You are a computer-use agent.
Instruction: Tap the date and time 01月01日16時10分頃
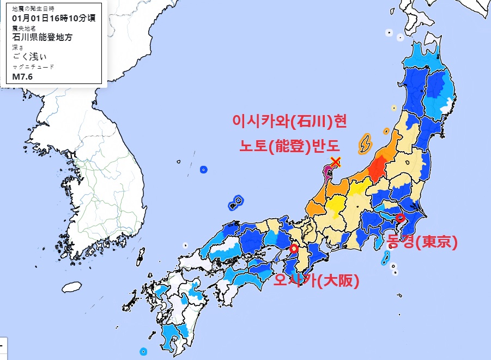coord(54,18)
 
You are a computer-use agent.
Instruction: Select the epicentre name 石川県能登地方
coord(42,38)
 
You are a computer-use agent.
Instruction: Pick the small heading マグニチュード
coord(33,67)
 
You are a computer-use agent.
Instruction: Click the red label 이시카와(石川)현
coord(289,121)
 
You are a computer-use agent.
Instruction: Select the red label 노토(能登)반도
coord(289,145)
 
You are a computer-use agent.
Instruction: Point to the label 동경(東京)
coord(421,241)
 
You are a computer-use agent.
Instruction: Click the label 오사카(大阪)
coord(317,281)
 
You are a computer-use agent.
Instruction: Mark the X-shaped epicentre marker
coord(336,161)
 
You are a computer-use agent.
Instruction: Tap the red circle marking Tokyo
coord(401,218)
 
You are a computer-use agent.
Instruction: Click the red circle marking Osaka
coord(294,249)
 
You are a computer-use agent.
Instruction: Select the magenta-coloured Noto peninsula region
coord(328,173)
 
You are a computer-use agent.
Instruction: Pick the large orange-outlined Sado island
coord(365,143)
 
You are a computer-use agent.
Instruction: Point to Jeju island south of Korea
coord(72,287)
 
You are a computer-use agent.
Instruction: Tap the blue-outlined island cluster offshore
coord(236,202)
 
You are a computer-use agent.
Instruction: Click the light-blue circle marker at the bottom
coord(143,351)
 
